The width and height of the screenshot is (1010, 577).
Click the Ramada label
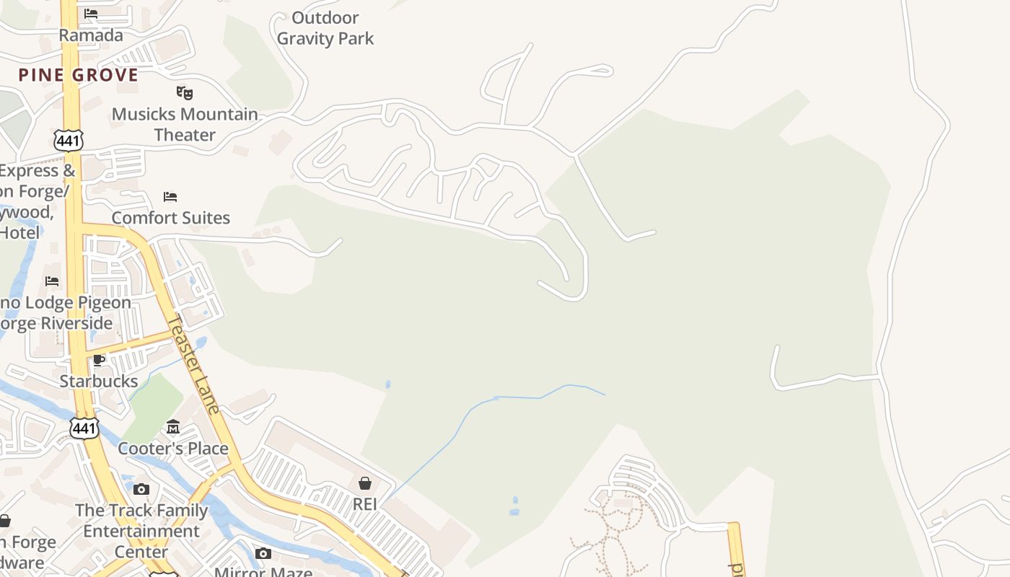pos(90,35)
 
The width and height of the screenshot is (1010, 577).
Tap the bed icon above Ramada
pos(91,14)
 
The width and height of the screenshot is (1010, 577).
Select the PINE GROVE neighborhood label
pos(78,75)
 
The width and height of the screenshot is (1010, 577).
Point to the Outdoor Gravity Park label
pos(325,28)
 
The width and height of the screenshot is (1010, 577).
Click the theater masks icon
pos(185,92)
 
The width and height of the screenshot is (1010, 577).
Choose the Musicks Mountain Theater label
pos(185,124)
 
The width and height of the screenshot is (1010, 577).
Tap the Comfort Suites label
pos(170,218)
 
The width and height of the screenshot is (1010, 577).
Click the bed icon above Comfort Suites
pos(170,196)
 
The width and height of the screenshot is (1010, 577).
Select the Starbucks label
pos(99,381)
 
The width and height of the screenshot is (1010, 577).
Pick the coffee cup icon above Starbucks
pos(99,360)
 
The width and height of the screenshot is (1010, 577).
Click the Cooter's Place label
pos(173,449)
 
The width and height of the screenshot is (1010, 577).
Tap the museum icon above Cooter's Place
pos(173,427)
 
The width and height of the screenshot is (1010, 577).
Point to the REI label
pos(365,504)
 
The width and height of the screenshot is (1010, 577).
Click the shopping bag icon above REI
pos(365,483)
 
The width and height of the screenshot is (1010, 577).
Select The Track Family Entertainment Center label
pos(141,531)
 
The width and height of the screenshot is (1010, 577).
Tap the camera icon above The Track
pos(141,489)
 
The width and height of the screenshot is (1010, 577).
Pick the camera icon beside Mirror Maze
pos(263,553)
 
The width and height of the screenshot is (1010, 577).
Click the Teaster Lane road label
pos(193,364)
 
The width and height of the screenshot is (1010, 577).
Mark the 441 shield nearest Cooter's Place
pos(84,428)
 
